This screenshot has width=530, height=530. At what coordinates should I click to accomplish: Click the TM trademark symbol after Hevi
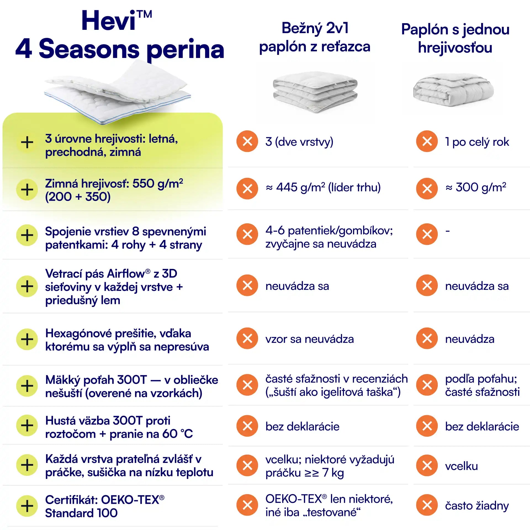pyautogui.click(x=144, y=14)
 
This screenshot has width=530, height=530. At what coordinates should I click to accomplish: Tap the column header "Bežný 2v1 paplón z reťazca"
pyautogui.click(x=315, y=37)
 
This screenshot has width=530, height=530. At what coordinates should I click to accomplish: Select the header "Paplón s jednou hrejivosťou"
pyautogui.click(x=455, y=38)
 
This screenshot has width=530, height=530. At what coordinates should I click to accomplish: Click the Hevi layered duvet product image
pyautogui.click(x=118, y=92)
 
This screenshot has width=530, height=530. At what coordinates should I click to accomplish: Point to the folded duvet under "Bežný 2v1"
pyautogui.click(x=315, y=92)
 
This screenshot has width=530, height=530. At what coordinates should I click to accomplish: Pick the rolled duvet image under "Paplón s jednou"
pyautogui.click(x=453, y=90)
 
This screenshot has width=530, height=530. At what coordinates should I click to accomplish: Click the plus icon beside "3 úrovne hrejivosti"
pyautogui.click(x=27, y=142)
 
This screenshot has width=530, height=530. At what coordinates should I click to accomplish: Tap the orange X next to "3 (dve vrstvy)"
pyautogui.click(x=247, y=141)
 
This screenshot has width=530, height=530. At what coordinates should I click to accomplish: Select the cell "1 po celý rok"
pyautogui.click(x=477, y=142)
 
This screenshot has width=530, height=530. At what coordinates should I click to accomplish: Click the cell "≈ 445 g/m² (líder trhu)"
pyautogui.click(x=323, y=187)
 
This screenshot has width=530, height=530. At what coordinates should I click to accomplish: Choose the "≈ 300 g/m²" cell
pyautogui.click(x=476, y=187)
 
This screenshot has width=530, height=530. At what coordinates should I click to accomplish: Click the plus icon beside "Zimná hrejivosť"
pyautogui.click(x=27, y=190)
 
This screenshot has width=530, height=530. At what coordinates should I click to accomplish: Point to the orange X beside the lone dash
pyautogui.click(x=427, y=234)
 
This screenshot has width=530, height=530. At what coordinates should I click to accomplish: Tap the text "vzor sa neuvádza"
pyautogui.click(x=310, y=339)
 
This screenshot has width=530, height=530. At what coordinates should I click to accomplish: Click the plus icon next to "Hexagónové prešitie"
pyautogui.click(x=27, y=339)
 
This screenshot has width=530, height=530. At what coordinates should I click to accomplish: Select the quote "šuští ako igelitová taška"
pyautogui.click(x=332, y=392)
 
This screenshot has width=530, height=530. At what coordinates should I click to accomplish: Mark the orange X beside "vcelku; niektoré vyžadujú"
pyautogui.click(x=247, y=465)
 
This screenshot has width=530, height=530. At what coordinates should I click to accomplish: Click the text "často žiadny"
pyautogui.click(x=477, y=506)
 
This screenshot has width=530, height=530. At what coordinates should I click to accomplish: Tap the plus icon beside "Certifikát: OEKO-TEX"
pyautogui.click(x=27, y=506)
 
